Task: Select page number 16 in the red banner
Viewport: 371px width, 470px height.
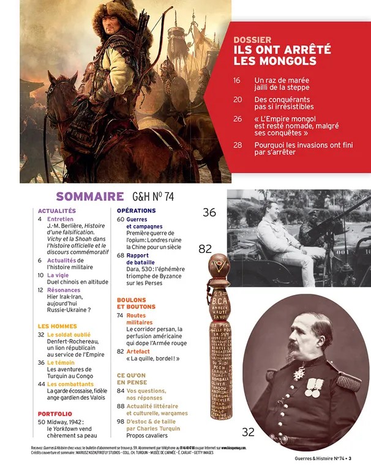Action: (237, 80)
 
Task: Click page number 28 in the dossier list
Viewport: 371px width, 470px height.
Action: (238, 145)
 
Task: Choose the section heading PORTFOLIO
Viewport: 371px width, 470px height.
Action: (55, 414)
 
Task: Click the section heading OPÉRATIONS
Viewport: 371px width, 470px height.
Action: (136, 211)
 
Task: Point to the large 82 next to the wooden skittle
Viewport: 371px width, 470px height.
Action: (206, 249)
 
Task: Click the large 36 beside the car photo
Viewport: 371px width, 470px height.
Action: (209, 212)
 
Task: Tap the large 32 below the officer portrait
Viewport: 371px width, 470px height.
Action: (247, 432)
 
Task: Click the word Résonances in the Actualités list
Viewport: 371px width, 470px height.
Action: (64, 289)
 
